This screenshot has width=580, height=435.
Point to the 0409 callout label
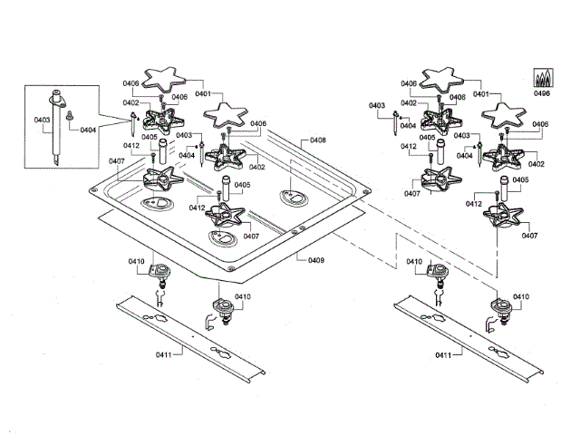pos(315,261)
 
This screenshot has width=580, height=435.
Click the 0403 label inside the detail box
pos(43,120)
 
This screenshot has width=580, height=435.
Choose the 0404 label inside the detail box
pos(88,130)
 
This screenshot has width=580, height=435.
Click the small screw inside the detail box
pos(70,116)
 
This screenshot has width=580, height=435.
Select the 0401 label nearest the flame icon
pos(480,94)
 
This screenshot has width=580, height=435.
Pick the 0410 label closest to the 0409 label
pos(243,296)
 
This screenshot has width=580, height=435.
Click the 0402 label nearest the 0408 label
pos(256,166)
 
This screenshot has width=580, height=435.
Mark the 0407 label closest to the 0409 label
pos(251,236)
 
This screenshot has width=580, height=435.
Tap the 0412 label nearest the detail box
pos(131,146)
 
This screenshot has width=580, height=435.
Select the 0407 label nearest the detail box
pos(116,162)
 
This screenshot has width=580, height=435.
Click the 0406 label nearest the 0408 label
pos(258,124)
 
